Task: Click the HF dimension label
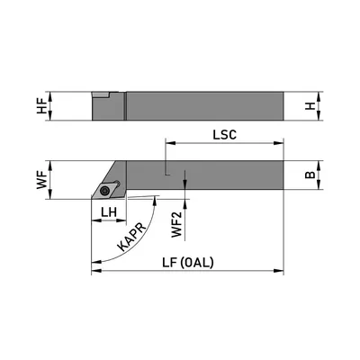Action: (x=41, y=106)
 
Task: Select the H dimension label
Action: (x=310, y=106)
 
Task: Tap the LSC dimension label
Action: (x=225, y=135)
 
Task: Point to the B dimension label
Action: (x=310, y=175)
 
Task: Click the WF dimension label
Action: (x=42, y=180)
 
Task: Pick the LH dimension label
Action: (x=109, y=212)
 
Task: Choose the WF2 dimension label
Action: (x=177, y=224)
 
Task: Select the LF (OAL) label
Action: (x=188, y=263)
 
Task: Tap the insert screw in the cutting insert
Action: (x=104, y=190)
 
